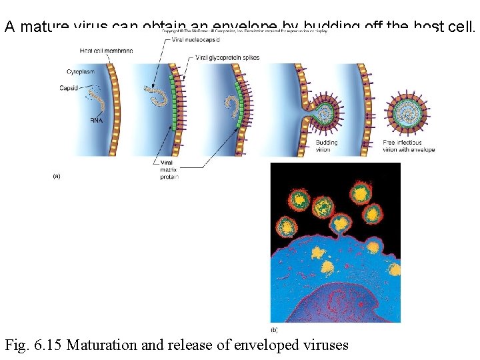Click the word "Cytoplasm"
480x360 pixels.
coord(81,71)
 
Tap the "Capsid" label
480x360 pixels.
coord(68,88)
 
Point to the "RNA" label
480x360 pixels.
coord(96,121)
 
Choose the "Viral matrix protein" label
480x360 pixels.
coord(169,169)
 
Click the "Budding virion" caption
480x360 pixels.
coord(327,146)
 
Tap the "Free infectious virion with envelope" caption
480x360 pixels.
coord(409,146)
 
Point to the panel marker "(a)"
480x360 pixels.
coord(57,176)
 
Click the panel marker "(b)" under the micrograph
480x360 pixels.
coord(274,329)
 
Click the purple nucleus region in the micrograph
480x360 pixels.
coord(333,303)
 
